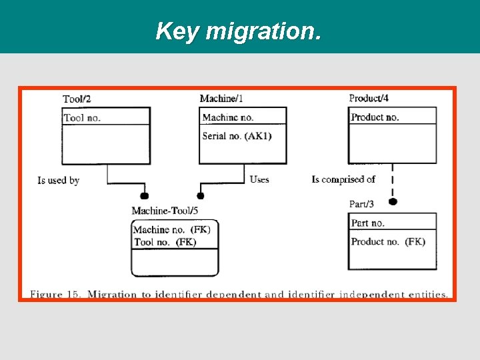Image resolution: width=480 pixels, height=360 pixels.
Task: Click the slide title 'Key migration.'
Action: pyautogui.click(x=238, y=31)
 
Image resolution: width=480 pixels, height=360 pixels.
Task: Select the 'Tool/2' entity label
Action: pyautogui.click(x=77, y=99)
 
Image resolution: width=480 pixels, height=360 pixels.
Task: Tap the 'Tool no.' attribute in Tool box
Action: pyautogui.click(x=82, y=118)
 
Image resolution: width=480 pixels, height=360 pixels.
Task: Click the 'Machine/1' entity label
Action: pyautogui.click(x=221, y=99)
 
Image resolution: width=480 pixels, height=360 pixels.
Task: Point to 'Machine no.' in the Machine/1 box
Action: pyautogui.click(x=228, y=117)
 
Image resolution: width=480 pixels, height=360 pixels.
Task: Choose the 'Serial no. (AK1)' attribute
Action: pyautogui.click(x=237, y=136)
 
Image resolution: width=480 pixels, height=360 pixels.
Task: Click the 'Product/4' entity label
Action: pyautogui.click(x=369, y=98)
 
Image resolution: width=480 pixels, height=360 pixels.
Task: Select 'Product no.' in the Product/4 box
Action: pyautogui.click(x=375, y=117)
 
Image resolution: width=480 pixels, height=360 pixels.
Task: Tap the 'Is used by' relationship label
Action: pyautogui.click(x=59, y=180)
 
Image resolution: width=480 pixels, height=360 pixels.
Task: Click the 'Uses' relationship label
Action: pyautogui.click(x=259, y=179)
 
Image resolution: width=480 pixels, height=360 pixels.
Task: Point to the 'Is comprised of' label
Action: pyautogui.click(x=343, y=179)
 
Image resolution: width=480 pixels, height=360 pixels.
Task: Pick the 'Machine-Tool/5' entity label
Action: pyautogui.click(x=165, y=211)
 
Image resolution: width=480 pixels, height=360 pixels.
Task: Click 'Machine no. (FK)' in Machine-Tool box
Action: pyautogui.click(x=172, y=230)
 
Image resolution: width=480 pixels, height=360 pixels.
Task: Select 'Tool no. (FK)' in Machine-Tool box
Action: pyautogui.click(x=165, y=242)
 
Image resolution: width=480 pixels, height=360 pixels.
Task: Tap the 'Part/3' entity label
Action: pyautogui.click(x=363, y=204)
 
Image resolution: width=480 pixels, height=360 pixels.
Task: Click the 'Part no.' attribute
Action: pyautogui.click(x=368, y=223)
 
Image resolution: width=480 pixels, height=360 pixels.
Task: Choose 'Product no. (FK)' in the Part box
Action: pyautogui.click(x=388, y=241)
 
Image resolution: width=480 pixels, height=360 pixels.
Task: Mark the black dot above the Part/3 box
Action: pyautogui.click(x=393, y=201)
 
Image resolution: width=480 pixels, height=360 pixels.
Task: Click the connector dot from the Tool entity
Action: pyautogui.click(x=143, y=196)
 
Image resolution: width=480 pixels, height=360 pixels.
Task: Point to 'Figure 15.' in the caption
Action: pyautogui.click(x=56, y=294)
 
